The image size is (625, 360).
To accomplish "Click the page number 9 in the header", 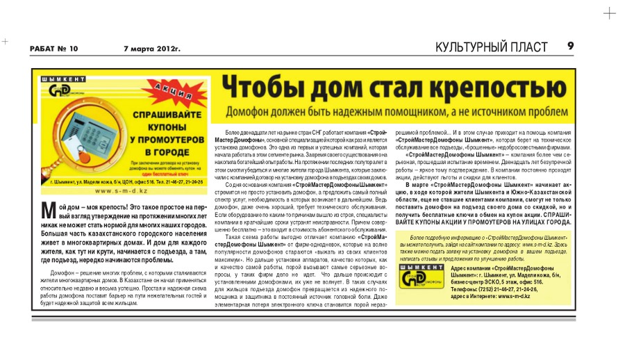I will (570, 47).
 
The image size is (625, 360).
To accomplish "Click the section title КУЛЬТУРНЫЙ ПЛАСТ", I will (496, 47).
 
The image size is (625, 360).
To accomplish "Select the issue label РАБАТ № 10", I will (53, 48).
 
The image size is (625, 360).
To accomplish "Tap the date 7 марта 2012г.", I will (151, 48).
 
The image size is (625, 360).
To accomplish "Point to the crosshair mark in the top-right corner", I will (609, 13).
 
